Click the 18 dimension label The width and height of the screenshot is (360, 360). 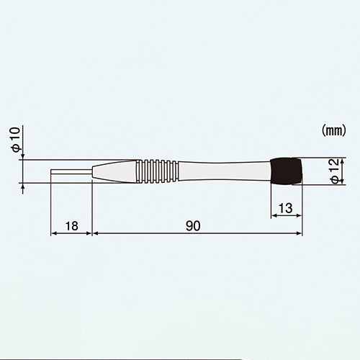(71, 226)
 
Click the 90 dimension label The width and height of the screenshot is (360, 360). (193, 226)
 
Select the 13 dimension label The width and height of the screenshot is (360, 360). (286, 208)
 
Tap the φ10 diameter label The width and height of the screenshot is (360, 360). (16, 140)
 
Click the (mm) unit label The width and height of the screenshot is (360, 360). (334, 131)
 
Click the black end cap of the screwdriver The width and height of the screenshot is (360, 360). (286, 171)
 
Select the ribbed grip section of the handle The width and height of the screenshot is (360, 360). (157, 171)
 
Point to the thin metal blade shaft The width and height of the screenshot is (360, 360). (71, 171)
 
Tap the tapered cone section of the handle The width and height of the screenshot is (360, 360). (114, 171)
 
